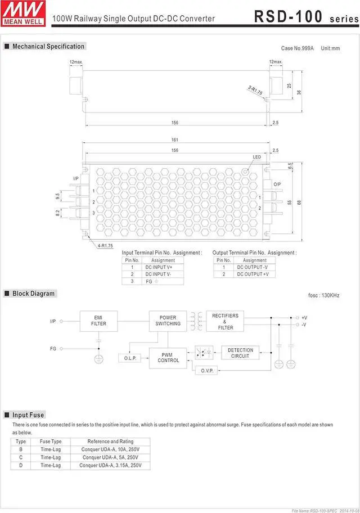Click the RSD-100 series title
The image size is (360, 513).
(x=304, y=16)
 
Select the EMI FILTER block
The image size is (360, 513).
(x=98, y=320)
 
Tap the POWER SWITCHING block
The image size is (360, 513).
(x=168, y=320)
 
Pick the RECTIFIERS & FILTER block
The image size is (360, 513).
(x=225, y=321)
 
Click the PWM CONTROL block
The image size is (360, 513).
(x=168, y=357)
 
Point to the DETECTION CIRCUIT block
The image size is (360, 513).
(x=240, y=353)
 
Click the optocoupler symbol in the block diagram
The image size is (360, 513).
(x=203, y=353)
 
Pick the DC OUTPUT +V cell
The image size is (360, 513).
(x=253, y=274)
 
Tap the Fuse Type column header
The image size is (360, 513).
(x=50, y=442)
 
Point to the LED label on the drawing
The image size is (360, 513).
(x=256, y=156)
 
